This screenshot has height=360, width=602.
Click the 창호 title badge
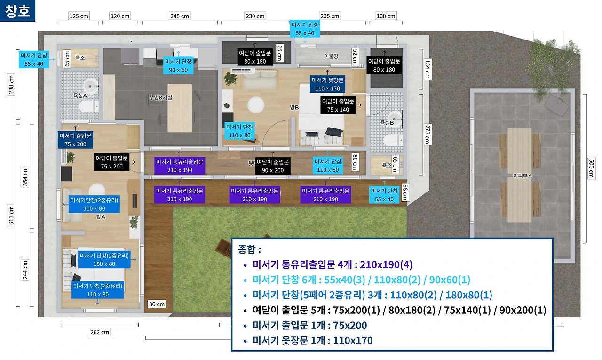[17, 11]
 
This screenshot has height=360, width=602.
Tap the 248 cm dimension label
[180, 16]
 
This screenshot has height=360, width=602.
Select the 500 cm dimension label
[591, 168]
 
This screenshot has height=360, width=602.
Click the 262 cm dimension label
[100, 332]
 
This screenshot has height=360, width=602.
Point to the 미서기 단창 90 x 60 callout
[178, 65]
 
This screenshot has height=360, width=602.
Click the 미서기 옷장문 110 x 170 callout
[327, 84]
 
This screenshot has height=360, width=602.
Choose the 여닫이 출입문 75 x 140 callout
[338, 105]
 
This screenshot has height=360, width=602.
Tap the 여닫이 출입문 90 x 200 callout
[272, 166]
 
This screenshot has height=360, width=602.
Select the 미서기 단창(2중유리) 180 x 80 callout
[104, 260]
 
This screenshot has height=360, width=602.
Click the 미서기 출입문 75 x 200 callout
[76, 140]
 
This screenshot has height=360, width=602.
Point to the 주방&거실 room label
[161, 97]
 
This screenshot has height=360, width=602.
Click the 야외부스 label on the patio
[522, 176]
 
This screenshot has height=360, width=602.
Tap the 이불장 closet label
[331, 56]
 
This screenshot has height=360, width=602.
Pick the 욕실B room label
[387, 123]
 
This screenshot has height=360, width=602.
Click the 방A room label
[101, 216]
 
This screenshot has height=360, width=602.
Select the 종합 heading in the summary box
[249, 249]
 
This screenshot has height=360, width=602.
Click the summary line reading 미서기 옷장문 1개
[313, 341]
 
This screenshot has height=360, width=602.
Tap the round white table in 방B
[256, 105]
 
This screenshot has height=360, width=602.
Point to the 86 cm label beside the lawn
[157, 304]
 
